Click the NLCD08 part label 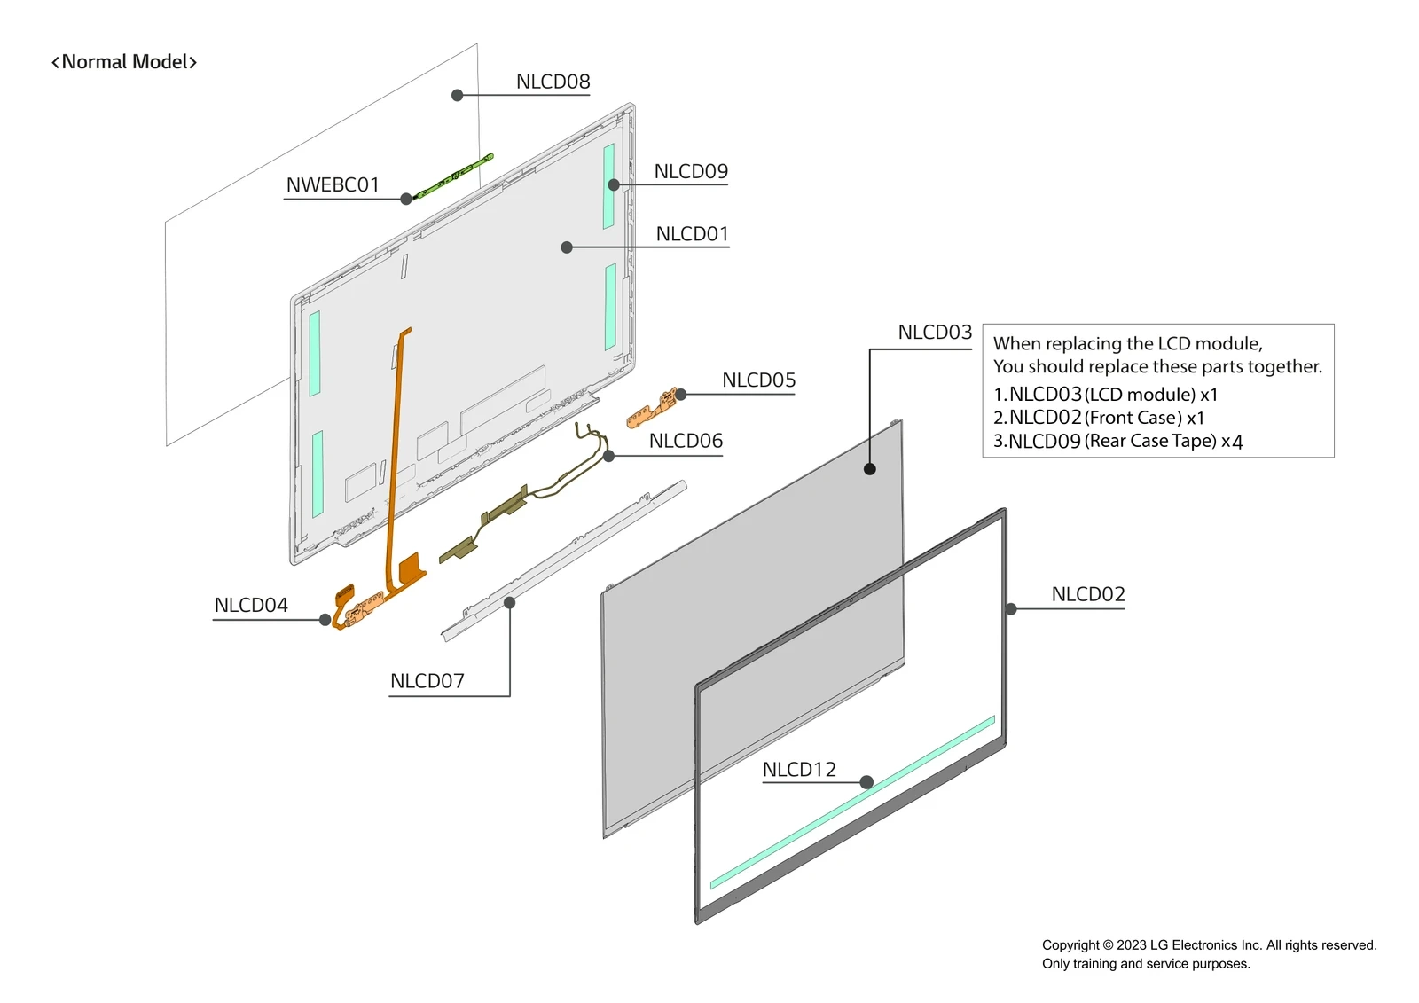(x=553, y=82)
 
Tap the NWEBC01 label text (x=333, y=184)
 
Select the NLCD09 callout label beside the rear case (x=691, y=171)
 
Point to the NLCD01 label (x=692, y=234)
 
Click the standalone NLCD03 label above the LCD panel (x=935, y=333)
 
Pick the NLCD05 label (x=758, y=380)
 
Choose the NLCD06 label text (x=686, y=441)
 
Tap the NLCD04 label (x=251, y=605)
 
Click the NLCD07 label (x=427, y=681)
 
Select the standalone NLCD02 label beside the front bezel (x=1087, y=594)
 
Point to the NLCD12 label (x=799, y=770)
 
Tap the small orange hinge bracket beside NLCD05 (x=651, y=408)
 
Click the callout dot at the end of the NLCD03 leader (x=870, y=469)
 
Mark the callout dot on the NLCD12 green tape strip (x=866, y=782)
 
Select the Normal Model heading (x=124, y=62)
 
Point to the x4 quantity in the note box (x=1232, y=442)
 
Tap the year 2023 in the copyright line (x=1132, y=945)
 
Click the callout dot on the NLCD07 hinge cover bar (x=510, y=603)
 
